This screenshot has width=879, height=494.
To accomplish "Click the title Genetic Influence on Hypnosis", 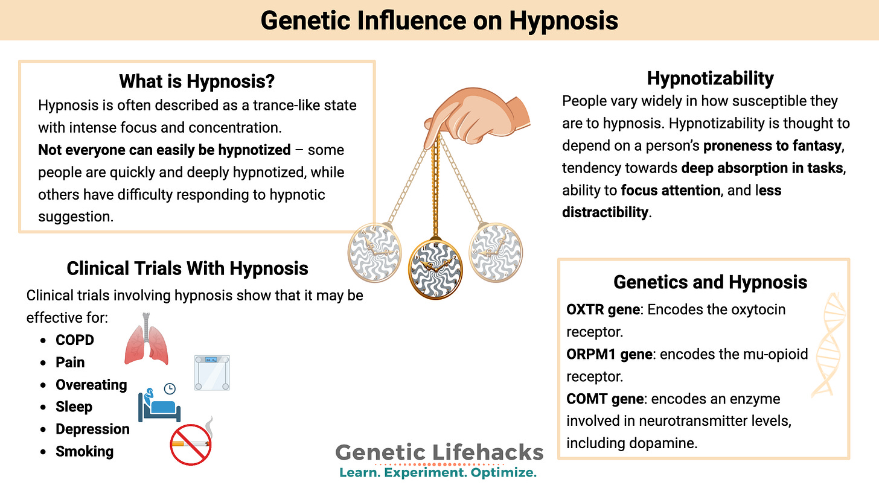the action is [x=439, y=21].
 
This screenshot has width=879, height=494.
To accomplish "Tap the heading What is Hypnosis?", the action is [x=197, y=81].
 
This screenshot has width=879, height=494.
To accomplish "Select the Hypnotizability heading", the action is [x=710, y=78].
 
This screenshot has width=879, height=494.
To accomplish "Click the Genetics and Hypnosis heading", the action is [x=710, y=282].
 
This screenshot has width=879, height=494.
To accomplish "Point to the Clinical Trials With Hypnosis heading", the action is [x=187, y=268].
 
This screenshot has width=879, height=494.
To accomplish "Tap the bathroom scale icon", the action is [x=212, y=372].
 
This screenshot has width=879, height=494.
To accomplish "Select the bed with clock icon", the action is [x=160, y=401].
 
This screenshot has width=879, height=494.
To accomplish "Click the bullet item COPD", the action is [x=75, y=340].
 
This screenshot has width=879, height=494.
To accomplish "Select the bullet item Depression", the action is [x=92, y=429].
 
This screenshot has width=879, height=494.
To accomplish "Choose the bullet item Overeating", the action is [x=91, y=385].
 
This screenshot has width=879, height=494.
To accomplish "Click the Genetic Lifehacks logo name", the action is [x=439, y=452].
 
